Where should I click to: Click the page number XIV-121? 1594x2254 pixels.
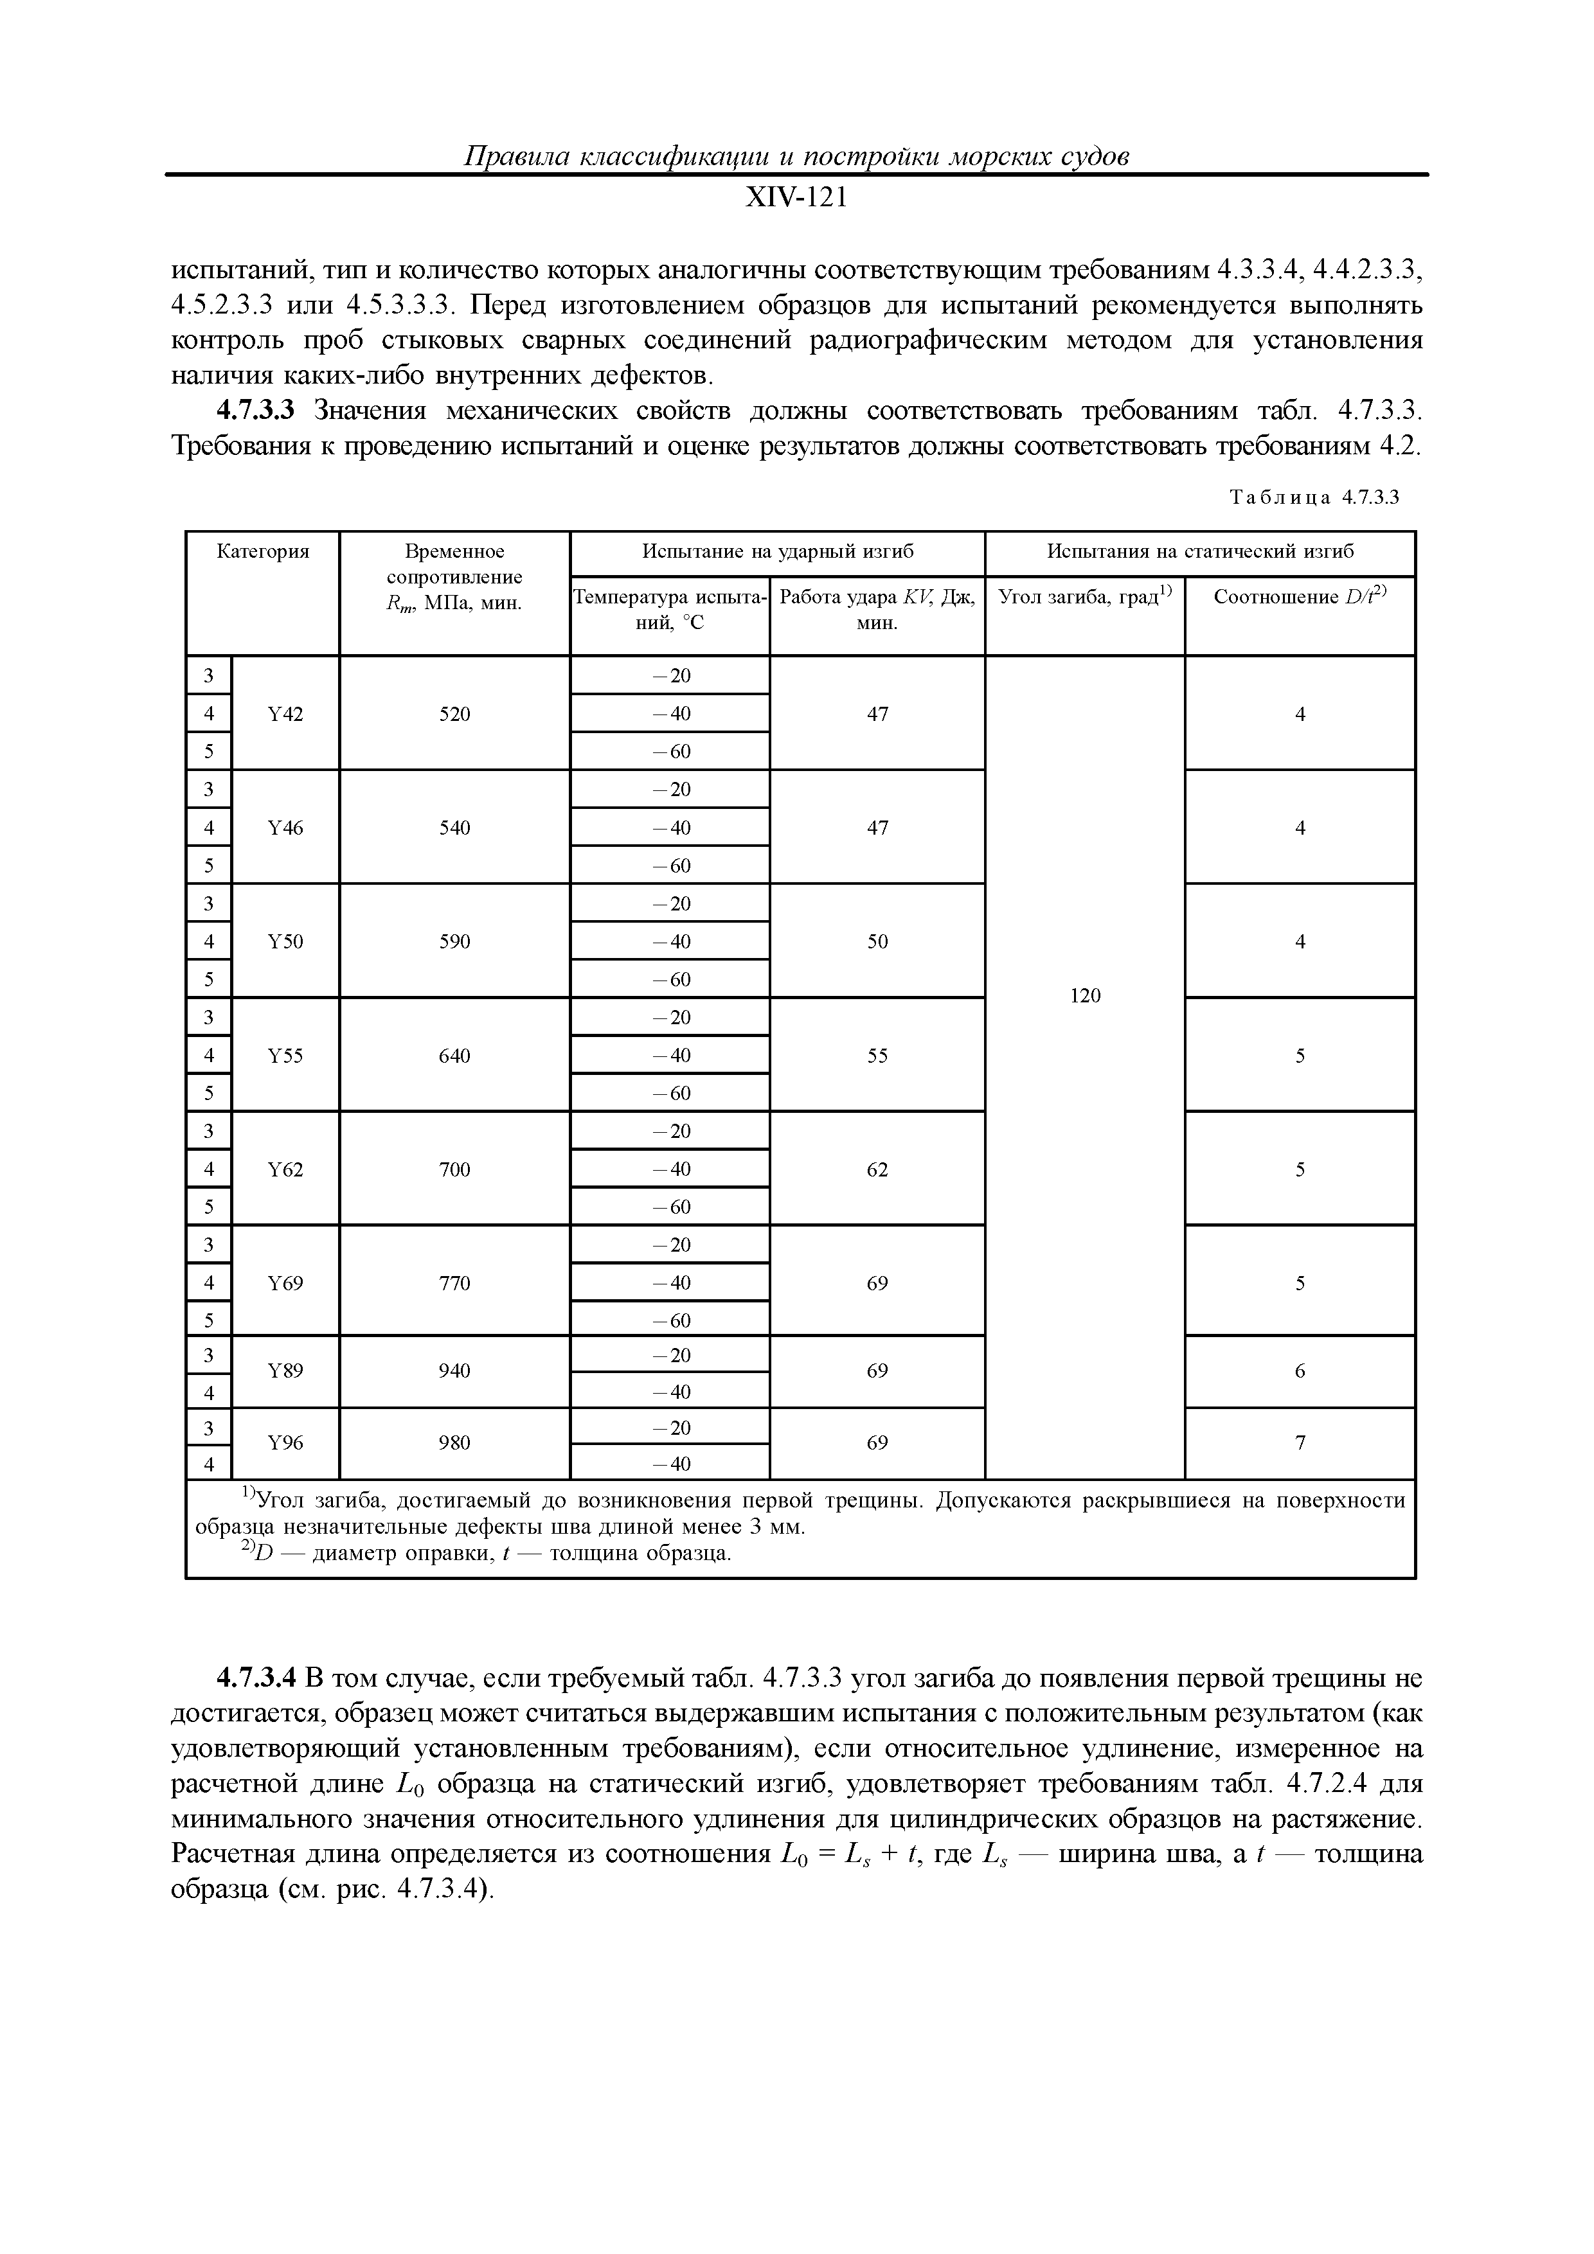click(x=796, y=199)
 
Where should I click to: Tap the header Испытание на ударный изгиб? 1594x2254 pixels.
click(x=777, y=552)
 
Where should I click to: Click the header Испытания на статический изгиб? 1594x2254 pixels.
click(x=1199, y=552)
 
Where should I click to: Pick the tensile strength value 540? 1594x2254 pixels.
click(x=454, y=828)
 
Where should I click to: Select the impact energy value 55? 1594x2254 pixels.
click(x=877, y=1055)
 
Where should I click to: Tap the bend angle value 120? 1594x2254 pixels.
click(x=1084, y=995)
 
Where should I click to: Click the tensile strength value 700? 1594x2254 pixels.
click(x=454, y=1169)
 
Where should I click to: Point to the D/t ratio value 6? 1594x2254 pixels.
click(x=1300, y=1371)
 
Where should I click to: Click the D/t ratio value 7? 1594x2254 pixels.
click(x=1300, y=1443)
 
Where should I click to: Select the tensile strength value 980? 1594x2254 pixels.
click(x=454, y=1443)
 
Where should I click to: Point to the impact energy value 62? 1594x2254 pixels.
click(x=877, y=1169)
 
